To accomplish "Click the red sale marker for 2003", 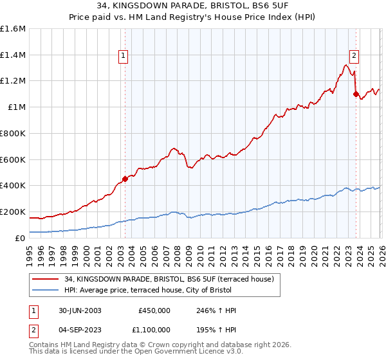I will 125,179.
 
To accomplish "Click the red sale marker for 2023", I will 356,94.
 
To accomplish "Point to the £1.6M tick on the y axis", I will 14,29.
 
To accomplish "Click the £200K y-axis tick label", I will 14,212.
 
